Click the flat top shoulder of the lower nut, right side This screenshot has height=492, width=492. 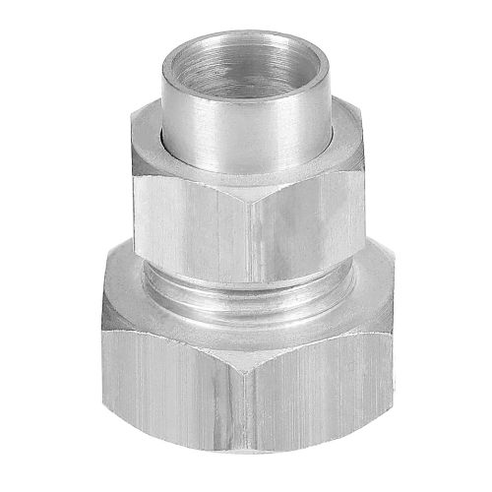click(354, 285)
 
